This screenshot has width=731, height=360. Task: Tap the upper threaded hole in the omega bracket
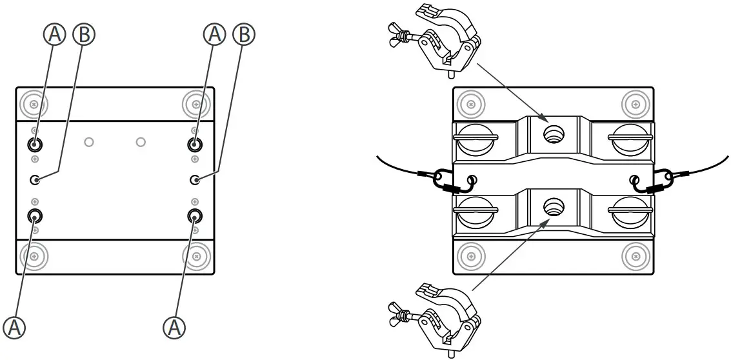(553, 134)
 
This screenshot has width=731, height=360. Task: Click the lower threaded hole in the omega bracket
(553, 207)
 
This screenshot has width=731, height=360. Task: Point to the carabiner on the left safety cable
(445, 180)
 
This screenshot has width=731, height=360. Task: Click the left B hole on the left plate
(36, 179)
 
